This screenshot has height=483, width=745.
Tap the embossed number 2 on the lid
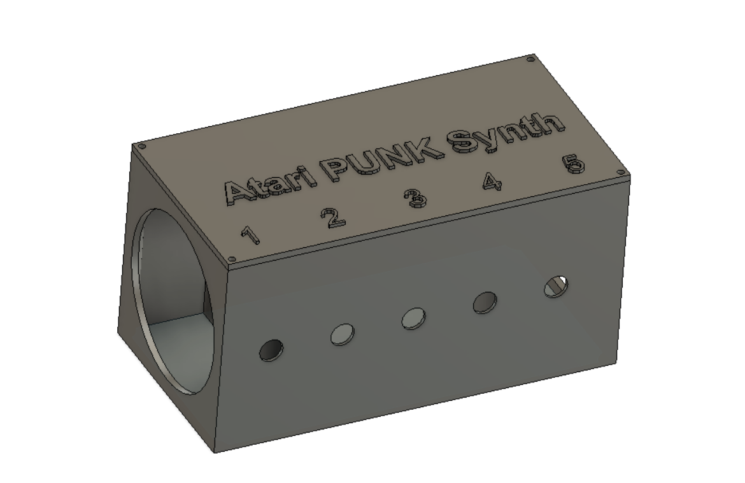click(x=332, y=217)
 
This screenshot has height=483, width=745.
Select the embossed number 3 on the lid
click(x=415, y=198)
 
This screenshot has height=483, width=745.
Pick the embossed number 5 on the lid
click(x=572, y=164)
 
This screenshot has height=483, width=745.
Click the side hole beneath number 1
click(x=271, y=349)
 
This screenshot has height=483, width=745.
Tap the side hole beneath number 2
click(x=343, y=333)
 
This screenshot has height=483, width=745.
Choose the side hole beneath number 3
click(x=414, y=317)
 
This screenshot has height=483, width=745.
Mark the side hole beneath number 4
click(x=485, y=302)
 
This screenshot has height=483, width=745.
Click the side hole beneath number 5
click(x=556, y=286)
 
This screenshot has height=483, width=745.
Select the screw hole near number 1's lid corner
click(x=232, y=259)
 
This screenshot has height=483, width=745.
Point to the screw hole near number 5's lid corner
click(x=620, y=171)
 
